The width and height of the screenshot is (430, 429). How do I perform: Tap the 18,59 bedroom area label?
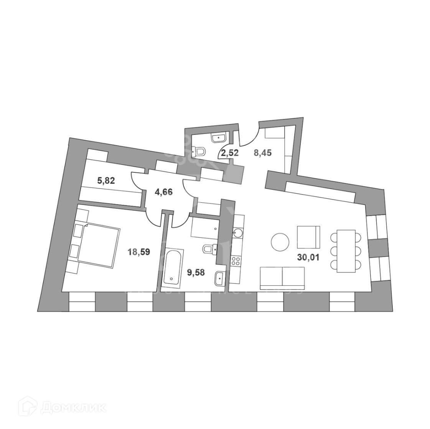coord(139,252)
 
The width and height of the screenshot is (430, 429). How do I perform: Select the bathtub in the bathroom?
coord(173,267)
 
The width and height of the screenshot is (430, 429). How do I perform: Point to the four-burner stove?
coord(235,261)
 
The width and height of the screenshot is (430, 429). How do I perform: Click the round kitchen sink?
coord(237,232)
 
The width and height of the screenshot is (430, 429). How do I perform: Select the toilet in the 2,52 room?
coord(199,152)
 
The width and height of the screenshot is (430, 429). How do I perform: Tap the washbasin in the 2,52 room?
coord(219,137)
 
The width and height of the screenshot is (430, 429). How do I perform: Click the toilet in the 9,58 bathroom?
coord(209,249)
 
